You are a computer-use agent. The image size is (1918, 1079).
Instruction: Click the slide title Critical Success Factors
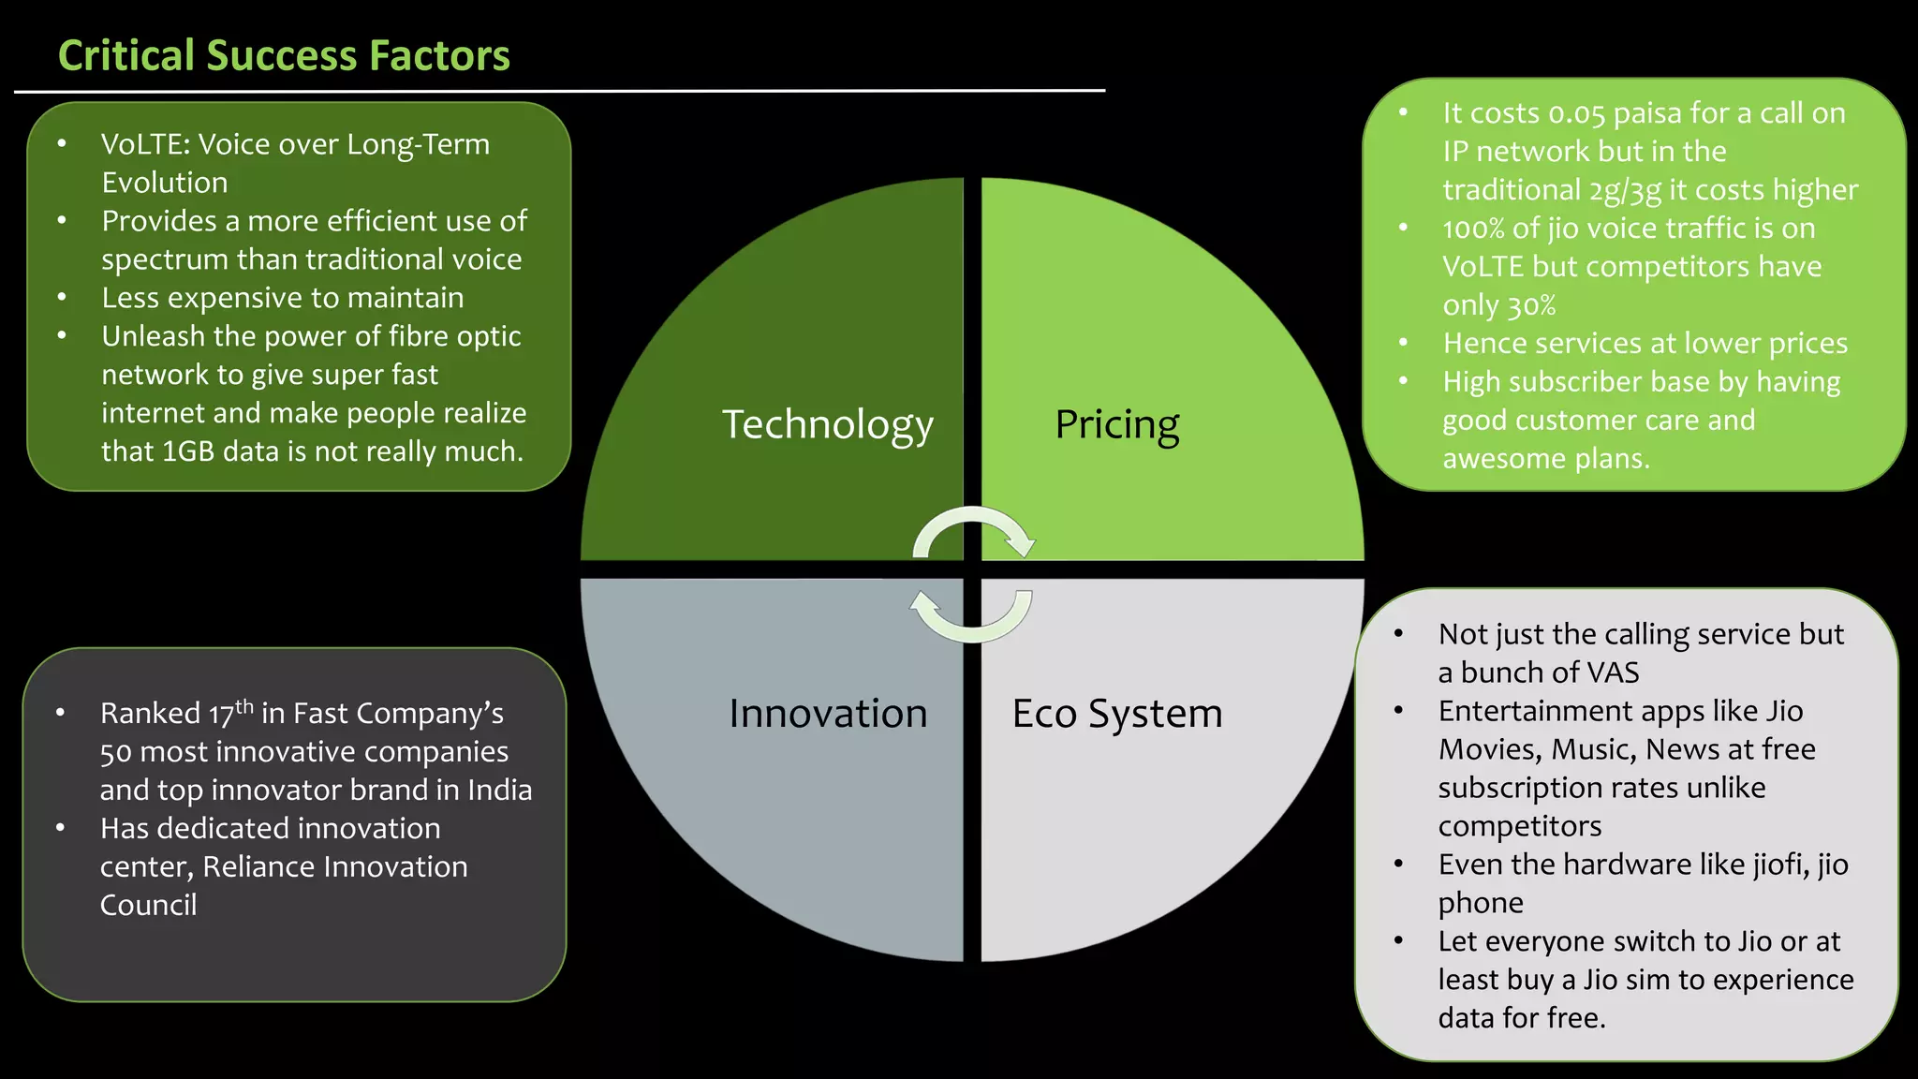coord(284,55)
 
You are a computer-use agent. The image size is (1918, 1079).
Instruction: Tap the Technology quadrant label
coord(827,424)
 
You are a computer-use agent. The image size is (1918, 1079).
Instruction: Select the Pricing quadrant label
coord(1116,424)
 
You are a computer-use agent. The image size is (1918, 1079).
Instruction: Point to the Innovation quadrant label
coord(828,714)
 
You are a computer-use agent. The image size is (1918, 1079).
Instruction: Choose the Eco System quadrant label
coord(1116,714)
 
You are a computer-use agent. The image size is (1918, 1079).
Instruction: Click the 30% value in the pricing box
coord(1531,305)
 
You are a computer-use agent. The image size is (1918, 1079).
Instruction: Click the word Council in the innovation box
coord(148,905)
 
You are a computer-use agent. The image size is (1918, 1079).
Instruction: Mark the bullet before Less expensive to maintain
coord(62,298)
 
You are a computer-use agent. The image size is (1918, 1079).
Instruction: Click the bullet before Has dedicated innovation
coord(60,828)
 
